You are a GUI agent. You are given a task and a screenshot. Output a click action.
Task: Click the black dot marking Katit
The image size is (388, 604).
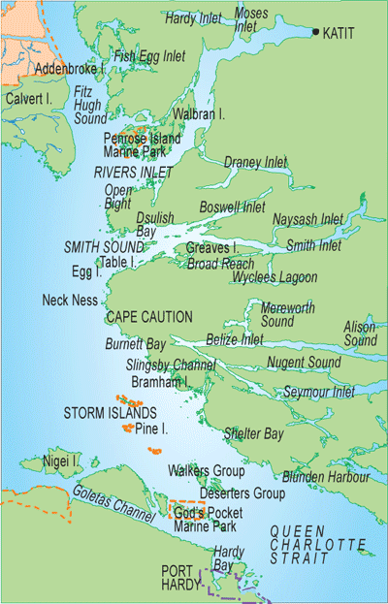pyautogui.click(x=316, y=32)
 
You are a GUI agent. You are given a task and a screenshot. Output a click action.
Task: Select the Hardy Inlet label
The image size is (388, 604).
pyautogui.click(x=193, y=16)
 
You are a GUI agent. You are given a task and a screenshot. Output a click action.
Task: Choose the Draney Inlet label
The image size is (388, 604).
pyautogui.click(x=255, y=161)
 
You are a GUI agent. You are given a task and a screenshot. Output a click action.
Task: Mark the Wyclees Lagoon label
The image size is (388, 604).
pyautogui.click(x=275, y=277)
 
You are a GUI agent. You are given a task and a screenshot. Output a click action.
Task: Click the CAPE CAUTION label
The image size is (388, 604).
pyautogui.click(x=148, y=317)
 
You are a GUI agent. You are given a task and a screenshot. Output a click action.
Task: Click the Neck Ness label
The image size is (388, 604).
pyautogui.click(x=70, y=301)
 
